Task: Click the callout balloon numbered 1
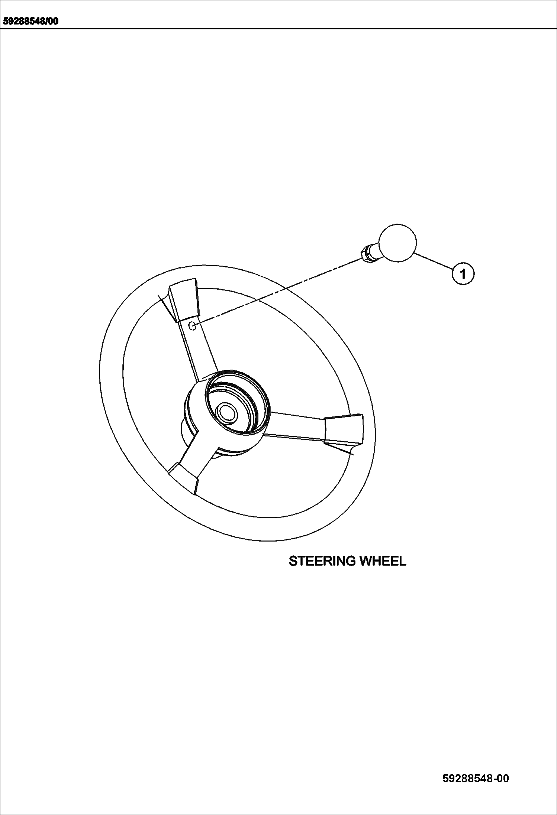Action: click(463, 274)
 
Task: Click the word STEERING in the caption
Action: click(322, 561)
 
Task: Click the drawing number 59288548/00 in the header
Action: click(31, 21)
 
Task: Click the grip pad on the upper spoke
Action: click(184, 299)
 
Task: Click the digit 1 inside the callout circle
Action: click(463, 274)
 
